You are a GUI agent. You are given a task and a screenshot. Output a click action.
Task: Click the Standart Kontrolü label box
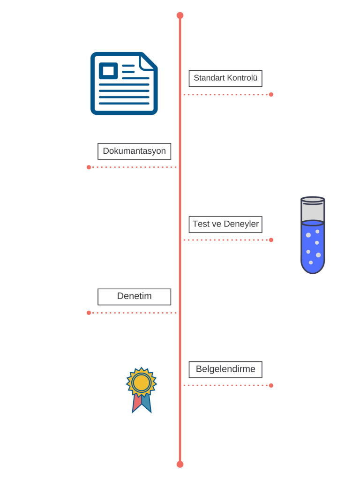click(225, 78)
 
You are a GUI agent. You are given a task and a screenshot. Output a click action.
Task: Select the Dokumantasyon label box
click(134, 151)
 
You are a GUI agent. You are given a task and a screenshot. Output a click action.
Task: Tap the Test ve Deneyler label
click(225, 225)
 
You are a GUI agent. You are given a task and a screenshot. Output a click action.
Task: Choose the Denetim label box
click(134, 297)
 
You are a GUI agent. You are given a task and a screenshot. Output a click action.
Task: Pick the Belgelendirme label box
click(225, 369)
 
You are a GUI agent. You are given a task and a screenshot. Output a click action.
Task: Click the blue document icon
click(124, 83)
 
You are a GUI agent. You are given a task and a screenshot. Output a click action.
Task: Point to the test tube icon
click(313, 235)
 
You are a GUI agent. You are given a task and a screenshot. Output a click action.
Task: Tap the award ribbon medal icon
click(142, 390)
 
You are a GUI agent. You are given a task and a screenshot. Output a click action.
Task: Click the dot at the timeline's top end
click(180, 15)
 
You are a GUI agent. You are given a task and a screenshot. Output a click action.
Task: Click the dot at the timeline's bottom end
click(180, 465)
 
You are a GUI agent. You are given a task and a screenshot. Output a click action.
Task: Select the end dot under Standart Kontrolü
click(271, 95)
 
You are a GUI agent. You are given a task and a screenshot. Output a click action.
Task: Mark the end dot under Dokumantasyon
click(89, 167)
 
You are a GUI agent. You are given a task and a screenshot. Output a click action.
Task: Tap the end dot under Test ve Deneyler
click(271, 240)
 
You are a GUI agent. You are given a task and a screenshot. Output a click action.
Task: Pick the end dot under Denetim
click(89, 313)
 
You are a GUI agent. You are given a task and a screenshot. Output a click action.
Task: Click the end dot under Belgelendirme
click(271, 385)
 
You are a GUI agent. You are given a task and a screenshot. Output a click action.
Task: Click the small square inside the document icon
click(108, 71)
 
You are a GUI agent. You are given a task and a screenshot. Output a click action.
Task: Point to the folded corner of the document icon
click(148, 62)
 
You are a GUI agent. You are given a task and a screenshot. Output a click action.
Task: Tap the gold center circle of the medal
click(142, 382)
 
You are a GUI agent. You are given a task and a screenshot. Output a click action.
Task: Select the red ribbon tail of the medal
click(137, 403)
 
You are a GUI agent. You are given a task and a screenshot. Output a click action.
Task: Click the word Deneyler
click(241, 225)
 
